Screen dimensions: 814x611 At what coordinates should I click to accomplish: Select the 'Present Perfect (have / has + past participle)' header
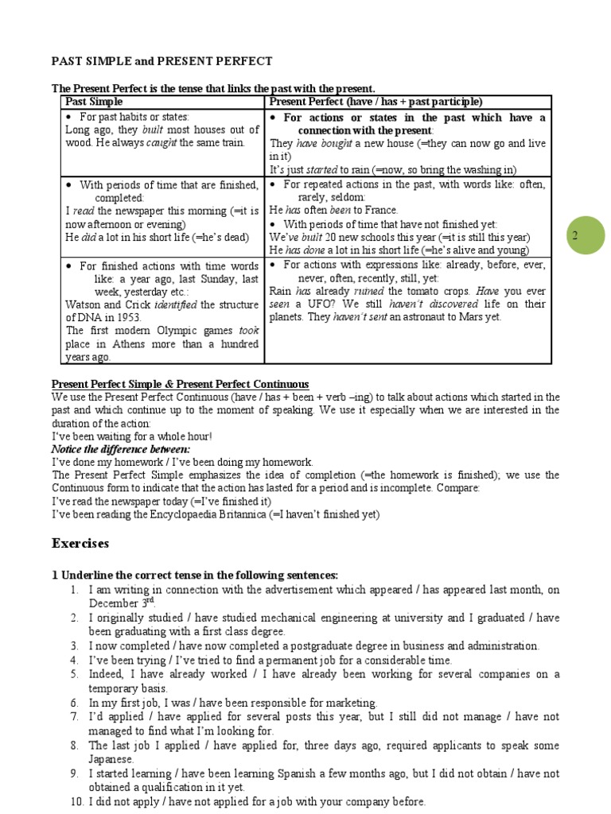pos(376,103)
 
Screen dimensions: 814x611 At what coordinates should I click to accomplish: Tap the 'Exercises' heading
pos(81,544)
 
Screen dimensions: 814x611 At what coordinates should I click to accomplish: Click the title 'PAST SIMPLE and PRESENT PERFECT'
pos(162,61)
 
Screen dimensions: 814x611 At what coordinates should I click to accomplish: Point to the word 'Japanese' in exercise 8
pos(112,759)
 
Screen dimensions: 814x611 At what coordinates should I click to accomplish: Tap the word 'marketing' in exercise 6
pos(348,703)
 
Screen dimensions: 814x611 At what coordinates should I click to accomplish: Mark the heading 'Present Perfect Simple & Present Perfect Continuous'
pos(180,384)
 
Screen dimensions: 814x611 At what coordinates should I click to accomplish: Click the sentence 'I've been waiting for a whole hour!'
pos(132,436)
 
